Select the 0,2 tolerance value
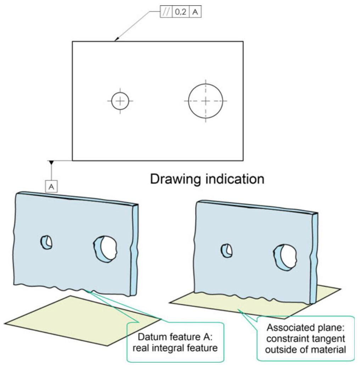(x=181, y=12)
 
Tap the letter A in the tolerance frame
(x=195, y=12)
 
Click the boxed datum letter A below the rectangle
(x=51, y=186)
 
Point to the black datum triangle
(x=52, y=162)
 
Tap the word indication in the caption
(x=234, y=179)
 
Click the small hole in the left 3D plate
(x=46, y=243)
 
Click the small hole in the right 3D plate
(x=226, y=250)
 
